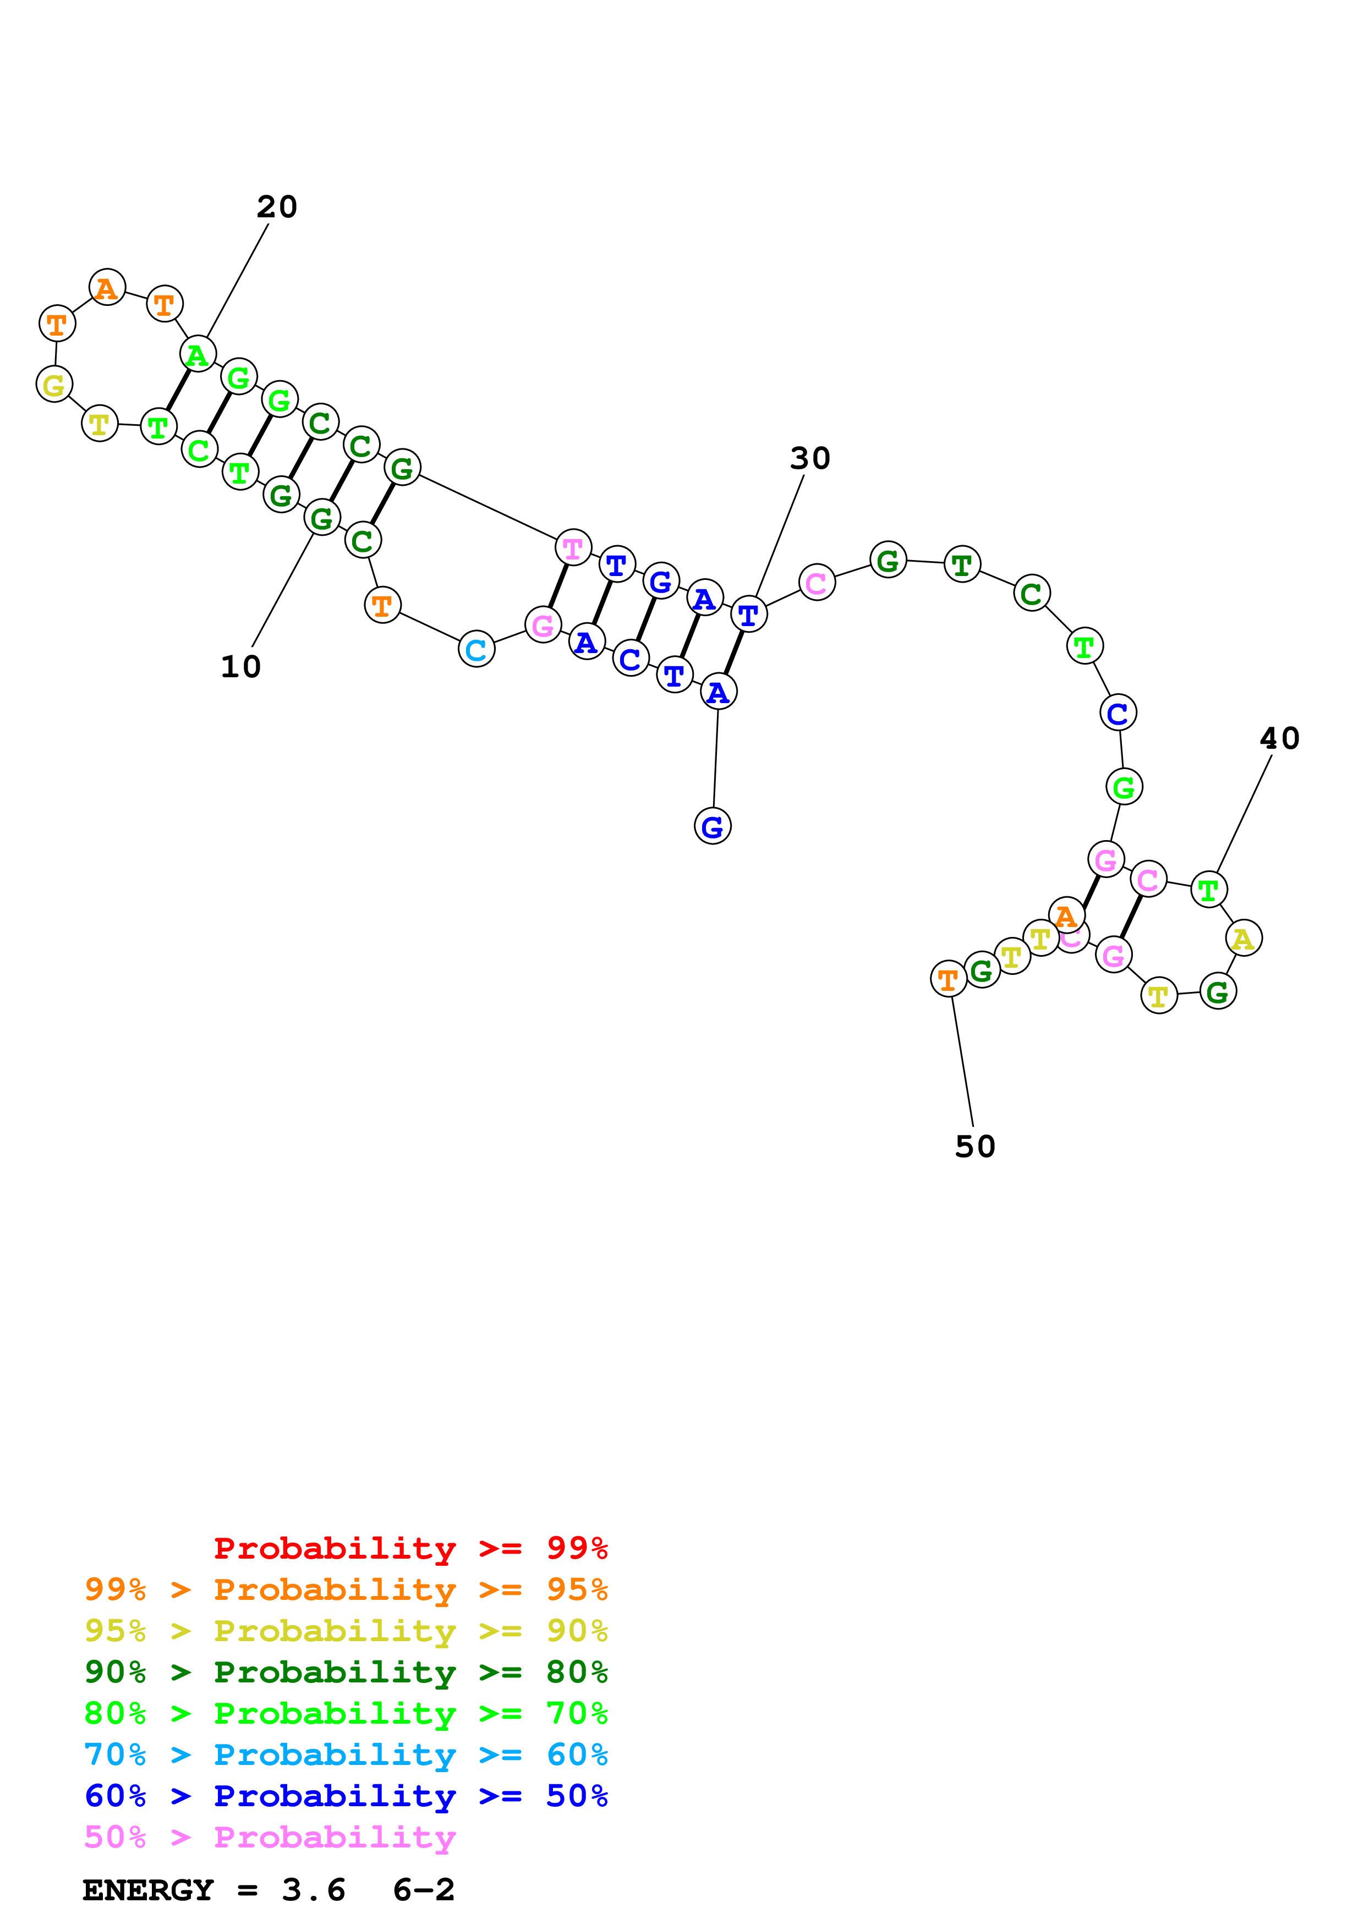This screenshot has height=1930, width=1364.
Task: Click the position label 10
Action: (x=240, y=667)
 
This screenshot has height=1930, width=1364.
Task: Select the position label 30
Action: (x=809, y=458)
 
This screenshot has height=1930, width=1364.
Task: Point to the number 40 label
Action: (x=1279, y=738)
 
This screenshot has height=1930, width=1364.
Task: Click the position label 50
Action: (x=975, y=1147)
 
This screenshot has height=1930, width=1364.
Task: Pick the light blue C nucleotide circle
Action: (x=476, y=649)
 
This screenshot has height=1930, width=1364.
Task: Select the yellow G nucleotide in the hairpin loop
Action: (x=54, y=385)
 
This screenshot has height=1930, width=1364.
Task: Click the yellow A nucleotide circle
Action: (x=1243, y=938)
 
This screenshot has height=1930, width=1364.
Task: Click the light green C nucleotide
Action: (x=199, y=449)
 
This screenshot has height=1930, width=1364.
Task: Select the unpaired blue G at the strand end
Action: (x=713, y=826)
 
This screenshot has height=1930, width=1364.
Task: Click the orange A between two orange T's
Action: (x=107, y=288)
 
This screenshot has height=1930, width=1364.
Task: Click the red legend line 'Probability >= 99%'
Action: (x=410, y=1548)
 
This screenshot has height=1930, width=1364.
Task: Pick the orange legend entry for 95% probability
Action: (x=346, y=1589)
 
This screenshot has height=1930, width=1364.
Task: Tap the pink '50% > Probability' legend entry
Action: (x=270, y=1838)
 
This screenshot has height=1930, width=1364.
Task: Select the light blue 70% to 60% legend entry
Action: (x=346, y=1755)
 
